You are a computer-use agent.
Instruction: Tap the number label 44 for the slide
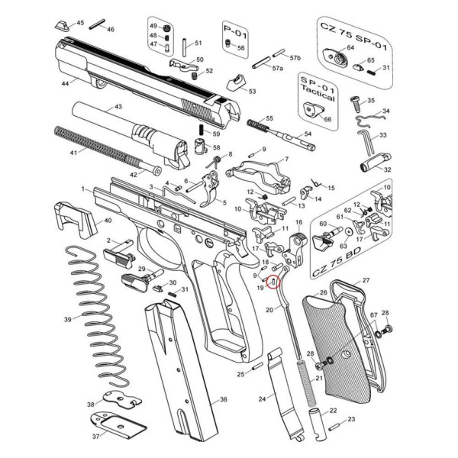64,82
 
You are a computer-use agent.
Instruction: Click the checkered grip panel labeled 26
336,343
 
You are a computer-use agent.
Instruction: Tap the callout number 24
262,399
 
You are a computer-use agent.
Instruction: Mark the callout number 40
108,221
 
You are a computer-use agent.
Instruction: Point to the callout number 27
365,281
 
